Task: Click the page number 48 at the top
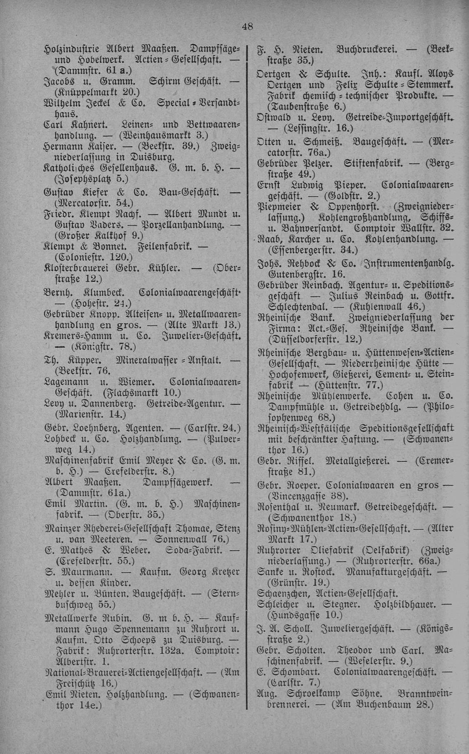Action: point(247,26)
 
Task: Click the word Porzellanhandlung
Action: point(182,224)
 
